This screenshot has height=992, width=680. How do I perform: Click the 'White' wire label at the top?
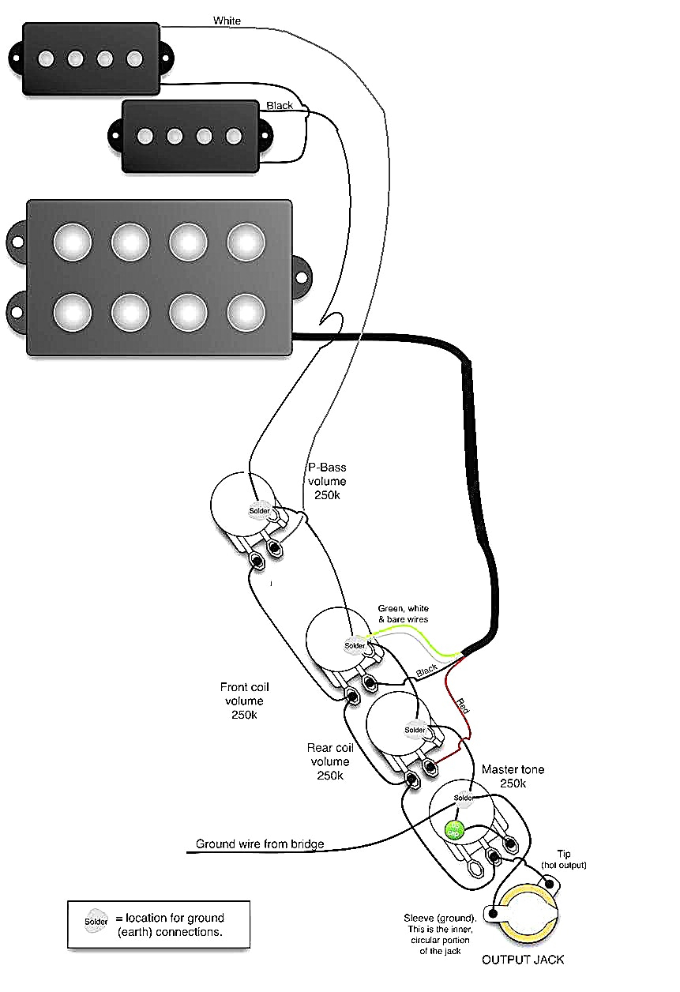point(227,21)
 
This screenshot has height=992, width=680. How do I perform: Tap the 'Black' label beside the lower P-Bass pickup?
point(280,105)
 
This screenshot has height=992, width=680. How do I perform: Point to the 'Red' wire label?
point(461,705)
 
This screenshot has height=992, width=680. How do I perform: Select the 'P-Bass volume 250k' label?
point(326,482)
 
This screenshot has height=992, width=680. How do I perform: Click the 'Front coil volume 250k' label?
point(242,701)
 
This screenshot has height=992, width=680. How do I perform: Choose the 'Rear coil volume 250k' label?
point(329,761)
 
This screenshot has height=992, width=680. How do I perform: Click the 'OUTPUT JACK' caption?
point(523,960)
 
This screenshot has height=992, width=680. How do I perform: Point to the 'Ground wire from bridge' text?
point(260,844)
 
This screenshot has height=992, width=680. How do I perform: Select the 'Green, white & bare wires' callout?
point(403,614)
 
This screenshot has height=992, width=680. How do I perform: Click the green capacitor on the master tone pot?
point(453,830)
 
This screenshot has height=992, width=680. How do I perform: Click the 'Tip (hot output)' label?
point(565,859)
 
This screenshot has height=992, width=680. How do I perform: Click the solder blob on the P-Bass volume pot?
point(260,510)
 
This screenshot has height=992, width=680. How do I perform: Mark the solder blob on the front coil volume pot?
point(355,645)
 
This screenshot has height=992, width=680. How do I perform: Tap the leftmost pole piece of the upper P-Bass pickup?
point(47,58)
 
